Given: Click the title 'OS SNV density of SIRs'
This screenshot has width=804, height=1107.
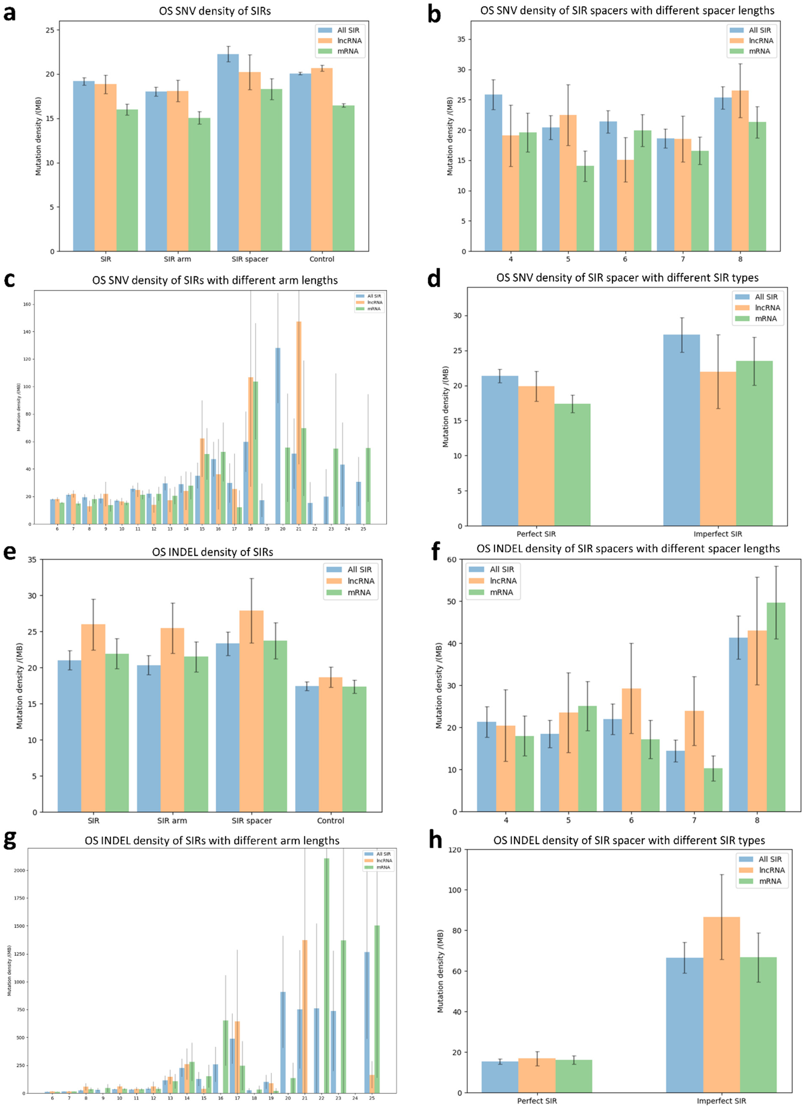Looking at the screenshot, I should [x=215, y=11].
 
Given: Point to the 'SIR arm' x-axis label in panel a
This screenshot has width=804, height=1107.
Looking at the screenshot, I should [x=177, y=259].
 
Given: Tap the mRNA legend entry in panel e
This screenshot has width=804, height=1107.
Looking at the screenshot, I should [x=359, y=593].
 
